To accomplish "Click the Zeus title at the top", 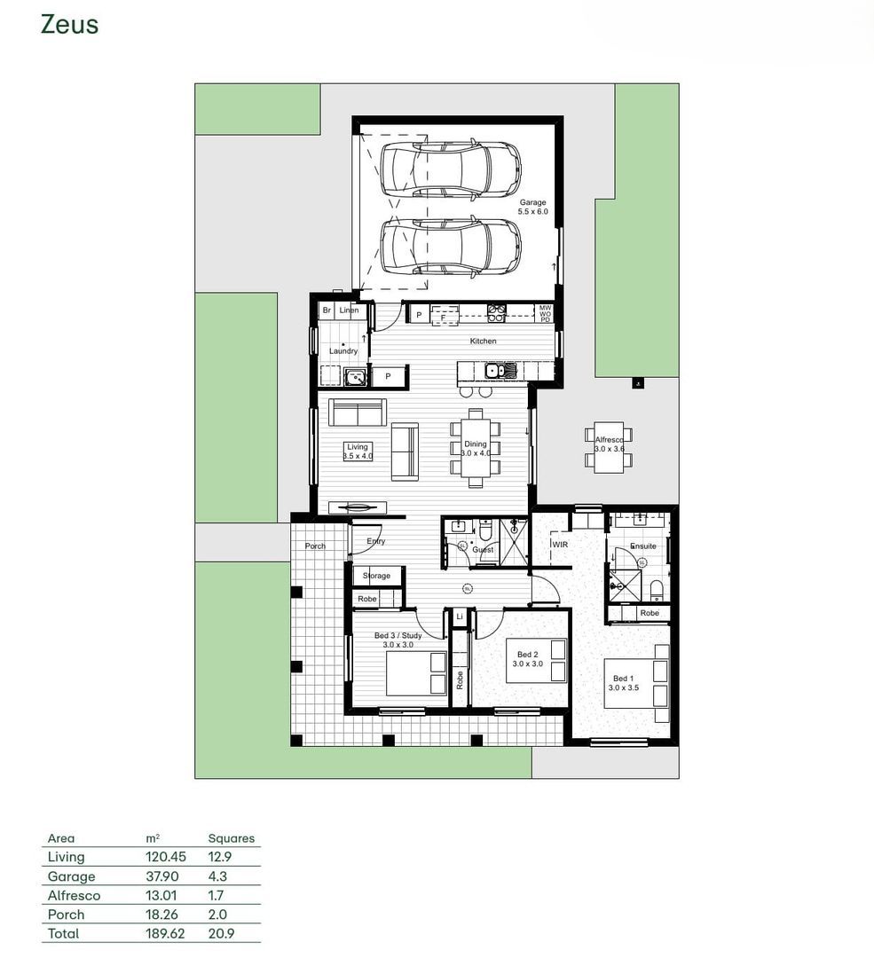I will [69, 25].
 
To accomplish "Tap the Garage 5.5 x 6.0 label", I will [533, 208].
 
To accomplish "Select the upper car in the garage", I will [450, 168].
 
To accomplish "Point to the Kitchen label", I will [483, 341].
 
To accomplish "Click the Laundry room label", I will [343, 351].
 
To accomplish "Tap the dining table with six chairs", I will [476, 448].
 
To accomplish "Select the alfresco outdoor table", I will [609, 445].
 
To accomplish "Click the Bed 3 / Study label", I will [398, 635].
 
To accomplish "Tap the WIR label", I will [560, 544].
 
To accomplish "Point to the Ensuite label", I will [642, 546].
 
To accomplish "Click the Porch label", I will [315, 546].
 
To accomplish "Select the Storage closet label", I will [376, 576].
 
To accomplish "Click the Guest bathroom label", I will [483, 550].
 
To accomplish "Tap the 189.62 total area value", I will [164, 933].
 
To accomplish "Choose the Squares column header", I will [231, 838].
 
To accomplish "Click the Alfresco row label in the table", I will [74, 895].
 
